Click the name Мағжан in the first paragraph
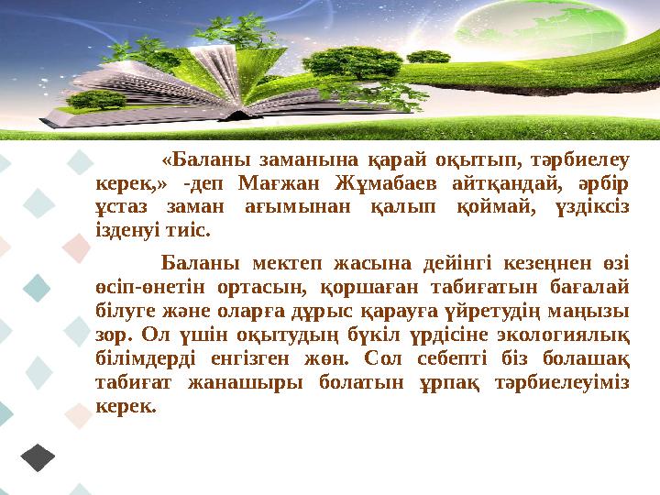click(x=270, y=181)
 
